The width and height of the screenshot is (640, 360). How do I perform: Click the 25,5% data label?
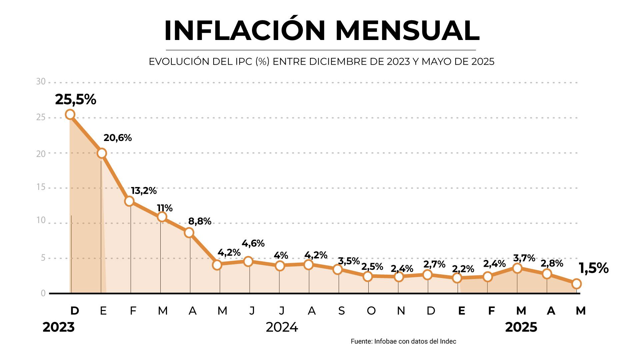(76, 99)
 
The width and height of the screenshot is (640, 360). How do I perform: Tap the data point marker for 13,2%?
(129, 201)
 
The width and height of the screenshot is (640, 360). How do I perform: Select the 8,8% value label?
(200, 221)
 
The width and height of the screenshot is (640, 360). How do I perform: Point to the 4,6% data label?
(253, 243)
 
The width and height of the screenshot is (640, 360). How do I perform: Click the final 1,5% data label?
(593, 268)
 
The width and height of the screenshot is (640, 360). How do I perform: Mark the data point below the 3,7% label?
(517, 268)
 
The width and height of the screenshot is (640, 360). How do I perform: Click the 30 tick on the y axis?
(41, 82)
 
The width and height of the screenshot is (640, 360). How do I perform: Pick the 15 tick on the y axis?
(41, 187)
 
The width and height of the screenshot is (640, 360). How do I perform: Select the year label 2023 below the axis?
(59, 327)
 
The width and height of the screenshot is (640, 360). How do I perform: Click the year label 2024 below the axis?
(282, 327)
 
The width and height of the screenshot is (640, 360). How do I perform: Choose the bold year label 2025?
(521, 327)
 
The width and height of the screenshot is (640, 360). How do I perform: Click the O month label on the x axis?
(371, 311)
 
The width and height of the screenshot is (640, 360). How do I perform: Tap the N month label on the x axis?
(401, 311)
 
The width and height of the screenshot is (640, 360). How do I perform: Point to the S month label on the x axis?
(341, 311)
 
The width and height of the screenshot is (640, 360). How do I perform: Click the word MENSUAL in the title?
(407, 31)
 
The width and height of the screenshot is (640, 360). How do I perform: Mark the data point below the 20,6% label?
(102, 153)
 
